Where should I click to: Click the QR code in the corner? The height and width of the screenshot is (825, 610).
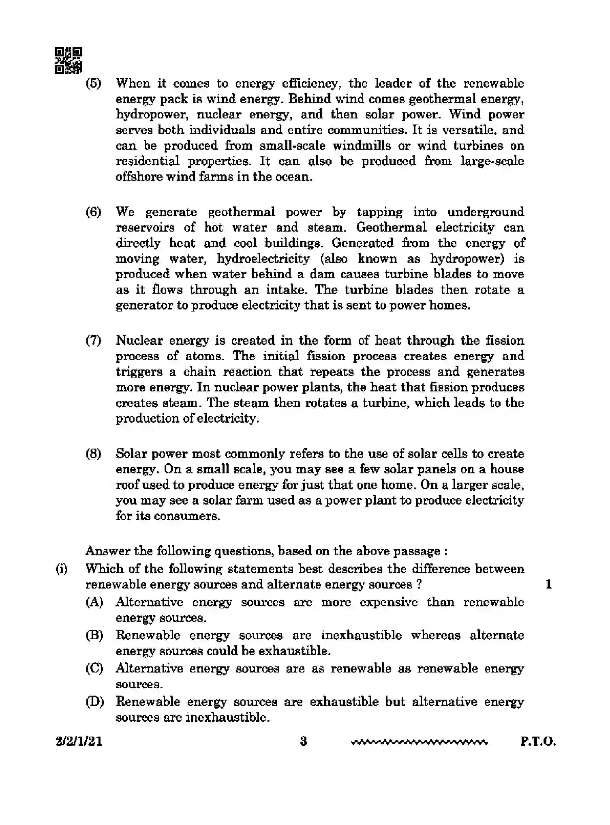(68, 60)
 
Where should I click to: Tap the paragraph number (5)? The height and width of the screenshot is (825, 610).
(93, 84)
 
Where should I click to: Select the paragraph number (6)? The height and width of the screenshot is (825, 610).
(93, 212)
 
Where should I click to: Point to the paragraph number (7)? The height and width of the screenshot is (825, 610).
(93, 340)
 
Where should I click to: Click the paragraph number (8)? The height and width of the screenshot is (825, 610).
(93, 453)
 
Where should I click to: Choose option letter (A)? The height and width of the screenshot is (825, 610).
(94, 602)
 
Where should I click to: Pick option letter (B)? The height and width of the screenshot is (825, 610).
(94, 635)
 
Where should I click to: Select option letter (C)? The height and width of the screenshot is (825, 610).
(94, 668)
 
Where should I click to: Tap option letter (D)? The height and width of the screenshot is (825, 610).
(94, 702)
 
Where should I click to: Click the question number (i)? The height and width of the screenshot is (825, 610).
(61, 569)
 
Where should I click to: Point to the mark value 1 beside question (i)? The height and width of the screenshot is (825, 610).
(548, 584)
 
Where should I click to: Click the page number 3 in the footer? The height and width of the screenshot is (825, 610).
(304, 741)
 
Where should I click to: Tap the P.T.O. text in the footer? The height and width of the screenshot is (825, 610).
(538, 742)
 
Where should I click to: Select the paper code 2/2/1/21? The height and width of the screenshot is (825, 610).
(79, 742)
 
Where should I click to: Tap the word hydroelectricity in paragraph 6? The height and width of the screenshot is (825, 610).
(263, 258)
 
